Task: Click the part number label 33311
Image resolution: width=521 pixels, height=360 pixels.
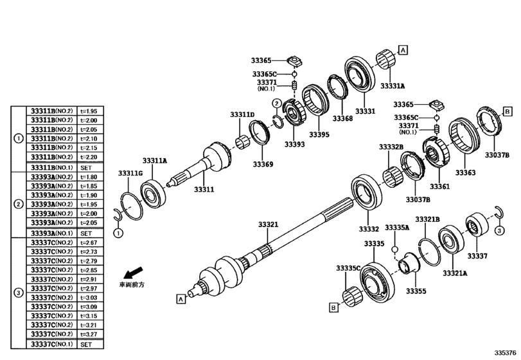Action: [x=204, y=190]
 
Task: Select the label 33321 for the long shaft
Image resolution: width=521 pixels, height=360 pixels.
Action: [x=268, y=224]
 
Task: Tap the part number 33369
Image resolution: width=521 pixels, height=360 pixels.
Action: [x=263, y=165]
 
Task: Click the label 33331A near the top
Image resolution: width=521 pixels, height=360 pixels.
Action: [x=393, y=85]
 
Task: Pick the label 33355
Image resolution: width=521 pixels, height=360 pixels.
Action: [x=416, y=292]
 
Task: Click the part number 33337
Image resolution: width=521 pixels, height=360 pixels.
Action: [x=477, y=256]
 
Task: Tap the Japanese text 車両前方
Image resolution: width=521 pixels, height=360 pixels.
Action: [x=132, y=284]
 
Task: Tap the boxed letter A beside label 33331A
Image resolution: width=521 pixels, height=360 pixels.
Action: [x=403, y=50]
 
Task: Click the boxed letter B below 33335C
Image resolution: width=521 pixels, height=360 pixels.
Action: [x=333, y=308]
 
